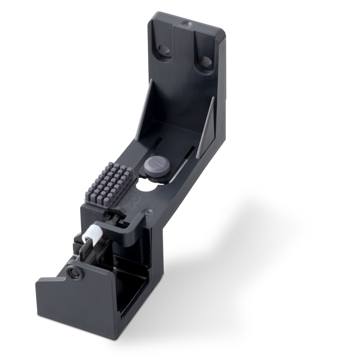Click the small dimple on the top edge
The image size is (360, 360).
(185, 24)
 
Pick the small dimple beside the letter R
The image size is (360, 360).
(147, 212)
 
